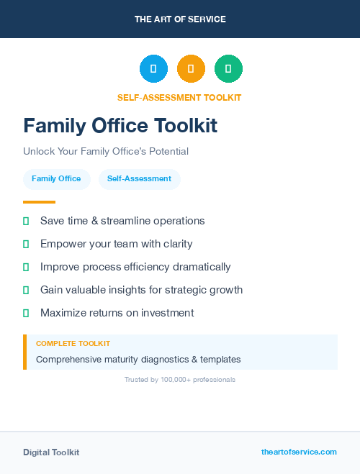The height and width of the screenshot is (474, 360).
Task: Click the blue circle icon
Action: [153, 68]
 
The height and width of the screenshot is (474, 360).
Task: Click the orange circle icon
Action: [191, 68]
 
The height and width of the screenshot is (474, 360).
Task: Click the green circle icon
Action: [228, 68]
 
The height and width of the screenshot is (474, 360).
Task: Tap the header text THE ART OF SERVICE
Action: [180, 19]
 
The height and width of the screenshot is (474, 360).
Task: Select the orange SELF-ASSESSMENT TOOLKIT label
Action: [179, 97]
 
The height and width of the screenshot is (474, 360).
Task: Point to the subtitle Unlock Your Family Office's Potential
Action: [106, 152]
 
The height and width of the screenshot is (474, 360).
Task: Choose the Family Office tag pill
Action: [56, 179]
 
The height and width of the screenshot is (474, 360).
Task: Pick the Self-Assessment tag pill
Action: [139, 179]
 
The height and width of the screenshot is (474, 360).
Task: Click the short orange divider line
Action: [39, 202]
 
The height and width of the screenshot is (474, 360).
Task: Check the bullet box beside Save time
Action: [26, 221]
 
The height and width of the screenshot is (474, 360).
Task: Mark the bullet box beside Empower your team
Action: [26, 244]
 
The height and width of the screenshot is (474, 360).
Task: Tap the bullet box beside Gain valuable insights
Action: [26, 290]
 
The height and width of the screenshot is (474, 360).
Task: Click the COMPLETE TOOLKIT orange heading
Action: [73, 344]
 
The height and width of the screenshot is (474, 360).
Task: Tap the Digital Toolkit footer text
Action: [51, 452]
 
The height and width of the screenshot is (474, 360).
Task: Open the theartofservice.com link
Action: [299, 452]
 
